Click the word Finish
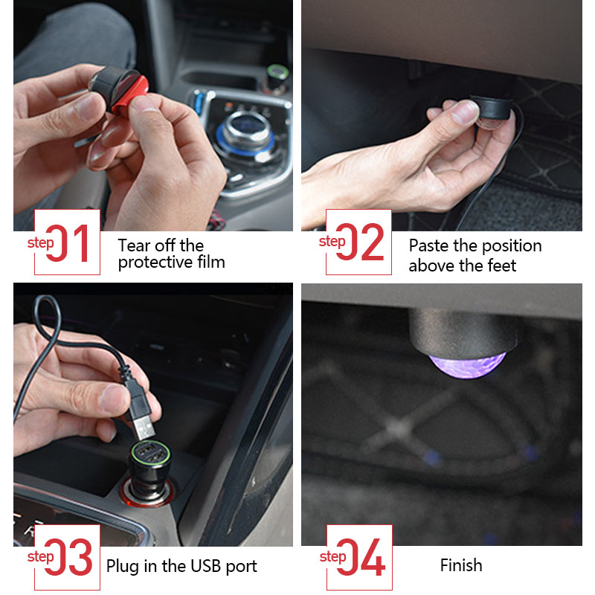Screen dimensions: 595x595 pos(460,566)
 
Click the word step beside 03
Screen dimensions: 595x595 pos(40,556)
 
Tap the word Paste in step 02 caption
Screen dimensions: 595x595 pos(428,246)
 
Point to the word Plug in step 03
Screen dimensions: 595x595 pos(122,566)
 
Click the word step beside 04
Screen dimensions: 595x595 pos(332,556)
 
